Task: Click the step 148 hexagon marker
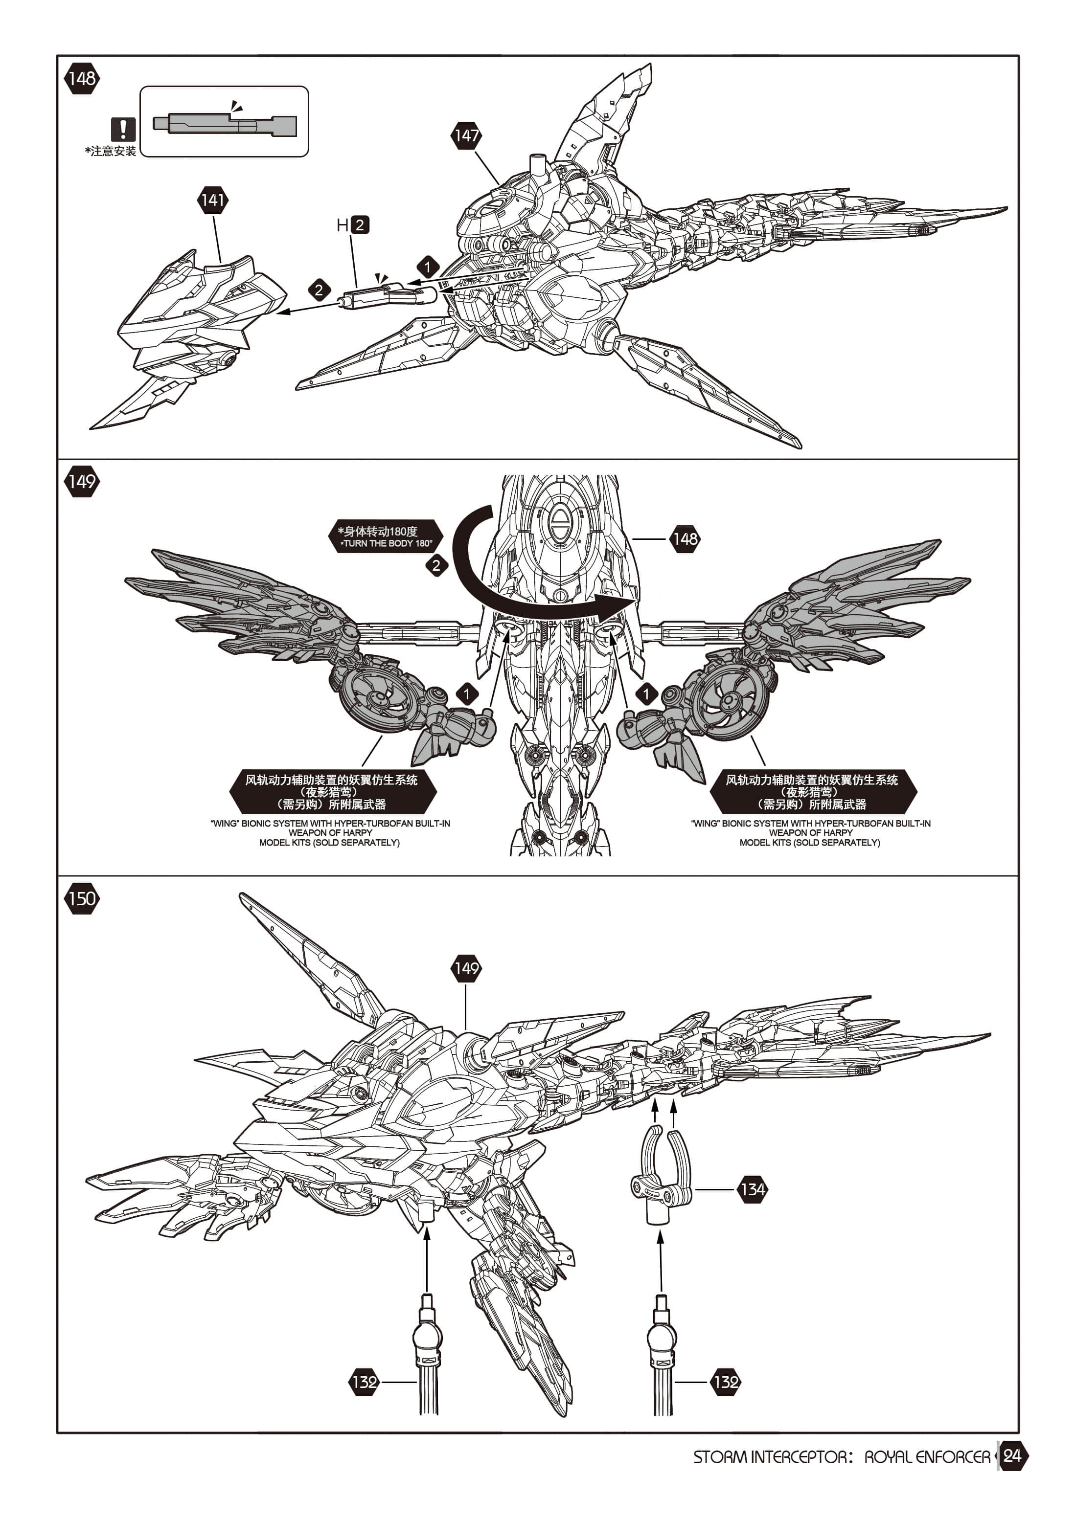[81, 79]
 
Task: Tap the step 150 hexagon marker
[81, 898]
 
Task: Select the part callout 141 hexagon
[212, 200]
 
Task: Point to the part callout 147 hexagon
[467, 135]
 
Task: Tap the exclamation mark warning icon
[123, 129]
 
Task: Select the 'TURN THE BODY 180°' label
[387, 544]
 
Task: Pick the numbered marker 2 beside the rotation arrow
[436, 566]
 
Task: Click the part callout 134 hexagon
[753, 1189]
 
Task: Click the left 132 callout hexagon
[365, 1382]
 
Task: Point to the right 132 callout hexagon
[726, 1382]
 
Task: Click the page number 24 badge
[1012, 1456]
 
